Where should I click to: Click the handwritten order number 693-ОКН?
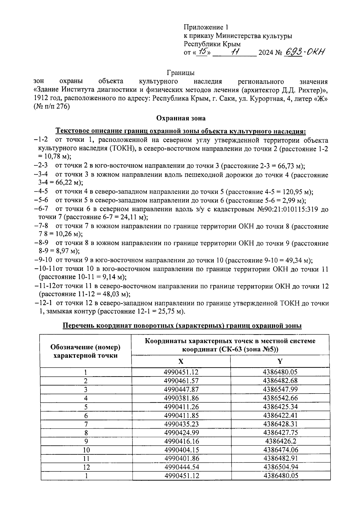[304, 53]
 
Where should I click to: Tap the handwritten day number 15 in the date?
[204, 52]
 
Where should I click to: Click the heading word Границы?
[180, 73]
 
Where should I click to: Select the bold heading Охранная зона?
[181, 118]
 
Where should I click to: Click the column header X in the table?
[181, 362]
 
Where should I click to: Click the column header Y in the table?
[280, 362]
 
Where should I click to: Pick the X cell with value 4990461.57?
[181, 381]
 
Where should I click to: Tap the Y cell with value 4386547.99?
[280, 389]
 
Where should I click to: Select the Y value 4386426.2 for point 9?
[280, 441]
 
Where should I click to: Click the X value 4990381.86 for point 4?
[181, 398]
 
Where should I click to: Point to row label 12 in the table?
[86, 467]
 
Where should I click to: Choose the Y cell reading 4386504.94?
[280, 467]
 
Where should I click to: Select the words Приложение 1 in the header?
[206, 28]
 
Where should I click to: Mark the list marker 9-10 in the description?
[45, 260]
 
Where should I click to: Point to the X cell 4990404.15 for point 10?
[181, 450]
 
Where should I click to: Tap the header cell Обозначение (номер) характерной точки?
[85, 351]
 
